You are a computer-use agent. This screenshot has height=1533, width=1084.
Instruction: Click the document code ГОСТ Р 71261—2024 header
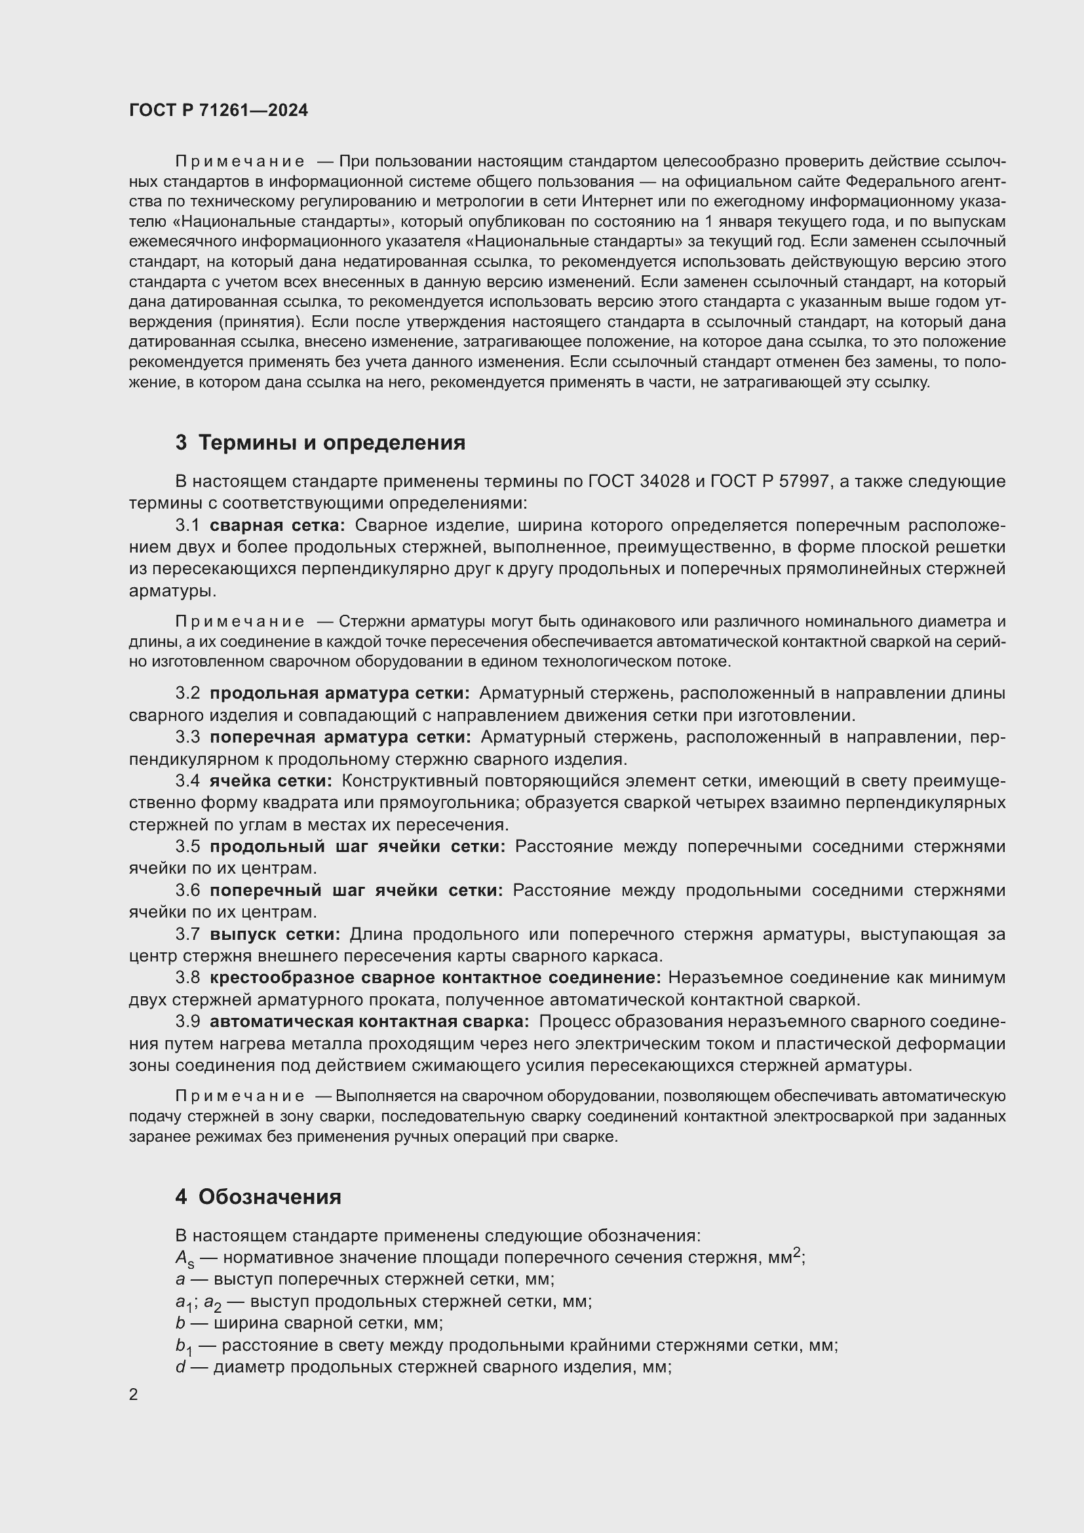218,111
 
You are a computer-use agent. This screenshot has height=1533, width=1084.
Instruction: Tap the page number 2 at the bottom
134,1394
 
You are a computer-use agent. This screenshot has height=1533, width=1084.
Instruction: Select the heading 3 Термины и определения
320,442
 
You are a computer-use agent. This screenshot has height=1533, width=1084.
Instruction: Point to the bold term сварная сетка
277,526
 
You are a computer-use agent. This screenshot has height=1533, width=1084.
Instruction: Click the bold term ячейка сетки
270,781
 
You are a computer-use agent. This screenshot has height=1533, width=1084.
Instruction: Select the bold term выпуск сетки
275,934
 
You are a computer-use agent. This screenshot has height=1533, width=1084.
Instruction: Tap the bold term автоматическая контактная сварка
369,1022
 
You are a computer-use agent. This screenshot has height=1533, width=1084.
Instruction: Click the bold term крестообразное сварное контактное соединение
435,977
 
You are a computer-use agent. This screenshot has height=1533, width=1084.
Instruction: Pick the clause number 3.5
187,847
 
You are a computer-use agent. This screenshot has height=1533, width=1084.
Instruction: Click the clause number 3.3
187,737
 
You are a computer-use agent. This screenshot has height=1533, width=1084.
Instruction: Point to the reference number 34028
664,482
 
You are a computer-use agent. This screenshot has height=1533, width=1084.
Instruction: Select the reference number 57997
804,482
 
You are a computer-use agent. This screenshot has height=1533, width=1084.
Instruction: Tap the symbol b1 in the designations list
184,1346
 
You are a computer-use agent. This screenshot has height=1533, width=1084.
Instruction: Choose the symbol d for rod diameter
180,1367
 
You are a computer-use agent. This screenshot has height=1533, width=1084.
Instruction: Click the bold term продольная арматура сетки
339,693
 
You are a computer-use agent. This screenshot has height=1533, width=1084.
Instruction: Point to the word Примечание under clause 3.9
240,1096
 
